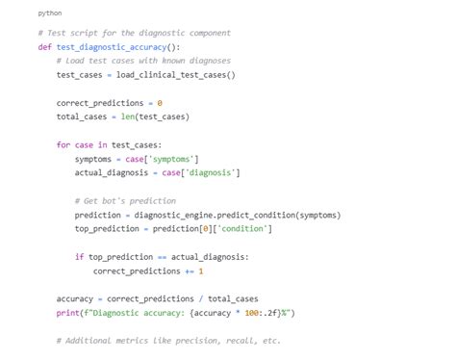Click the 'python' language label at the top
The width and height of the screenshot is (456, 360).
coord(50,13)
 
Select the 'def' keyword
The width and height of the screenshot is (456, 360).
coord(44,46)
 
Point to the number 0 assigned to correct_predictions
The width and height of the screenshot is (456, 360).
coord(160,102)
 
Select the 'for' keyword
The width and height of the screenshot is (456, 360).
coord(63,144)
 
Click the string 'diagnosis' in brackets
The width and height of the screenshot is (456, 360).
coord(212,172)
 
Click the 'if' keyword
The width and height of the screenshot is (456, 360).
coord(79,256)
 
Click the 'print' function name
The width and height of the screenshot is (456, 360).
coord(67,312)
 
